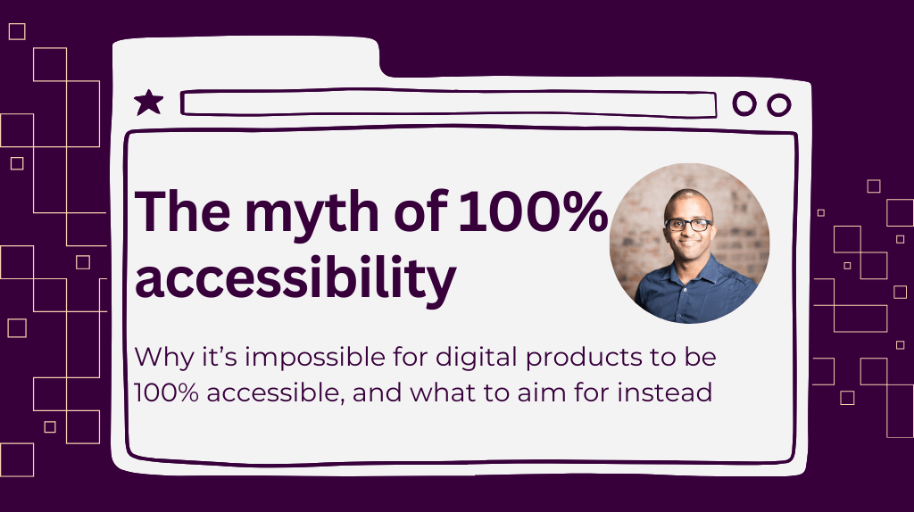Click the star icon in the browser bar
point(148,103)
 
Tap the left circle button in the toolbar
point(744,104)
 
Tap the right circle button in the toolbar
point(779,104)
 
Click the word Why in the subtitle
point(158,358)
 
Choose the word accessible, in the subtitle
point(274,392)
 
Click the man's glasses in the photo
point(689,225)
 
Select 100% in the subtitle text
point(164,392)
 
